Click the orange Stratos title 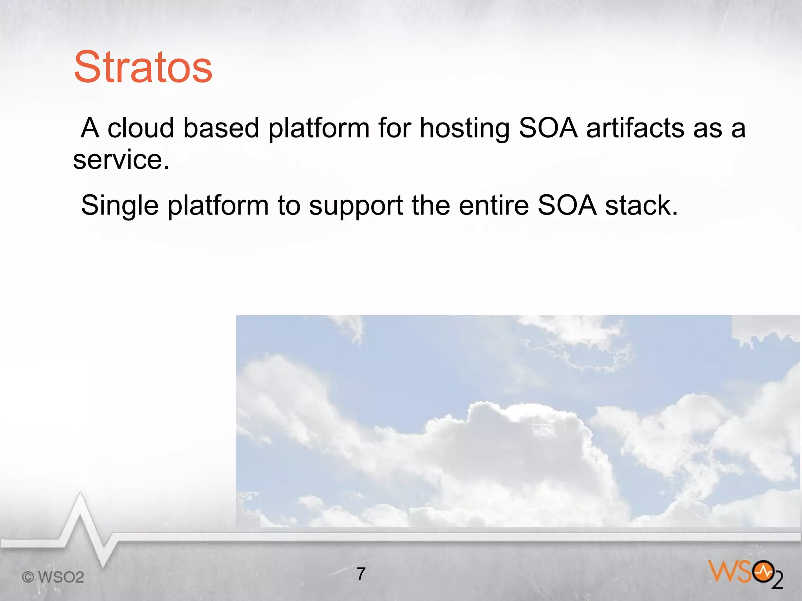click(143, 67)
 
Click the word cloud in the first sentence click(141, 128)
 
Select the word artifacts click(634, 128)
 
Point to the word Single click(119, 206)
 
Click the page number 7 click(361, 574)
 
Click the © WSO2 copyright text click(53, 577)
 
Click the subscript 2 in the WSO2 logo click(777, 581)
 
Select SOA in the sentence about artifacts click(548, 128)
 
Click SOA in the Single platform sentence click(567, 205)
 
